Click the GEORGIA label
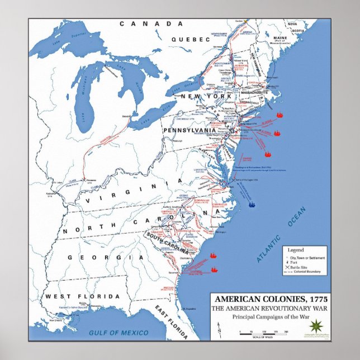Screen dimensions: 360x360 [106, 257]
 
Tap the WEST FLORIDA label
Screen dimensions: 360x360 [82, 296]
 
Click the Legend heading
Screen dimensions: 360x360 [296, 248]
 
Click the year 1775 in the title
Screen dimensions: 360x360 [318, 299]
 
